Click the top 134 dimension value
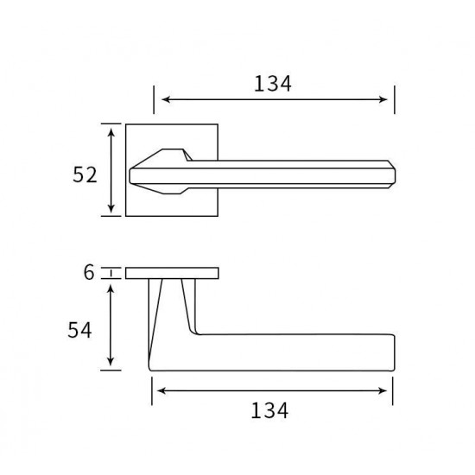point(272,84)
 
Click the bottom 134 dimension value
point(269,410)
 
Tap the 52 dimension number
point(85,174)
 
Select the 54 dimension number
point(79,330)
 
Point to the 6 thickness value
point(89,272)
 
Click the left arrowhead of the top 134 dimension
point(167,99)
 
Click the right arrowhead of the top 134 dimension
point(383,99)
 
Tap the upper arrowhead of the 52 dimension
point(111,133)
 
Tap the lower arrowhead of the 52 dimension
point(111,208)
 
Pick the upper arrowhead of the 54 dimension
point(111,289)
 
